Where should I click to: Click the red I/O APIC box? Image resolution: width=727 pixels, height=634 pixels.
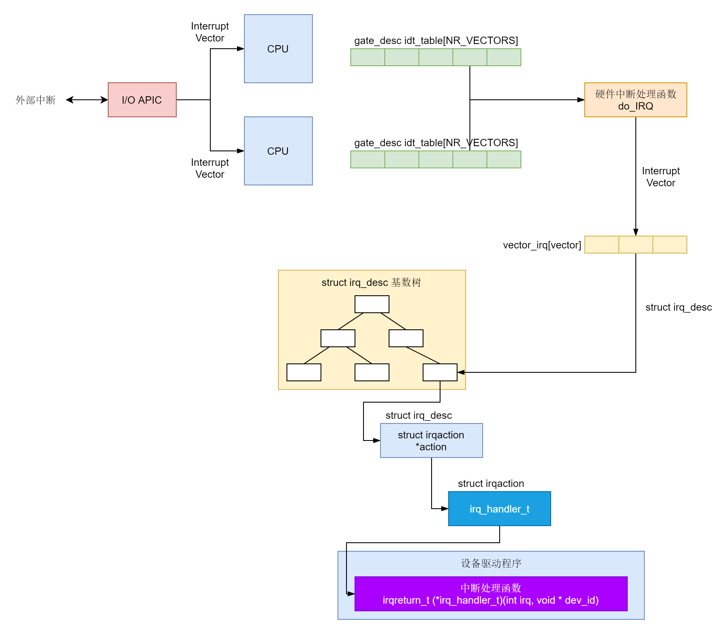click(142, 100)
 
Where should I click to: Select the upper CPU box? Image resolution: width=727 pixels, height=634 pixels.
click(278, 49)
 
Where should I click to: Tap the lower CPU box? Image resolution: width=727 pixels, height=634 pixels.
click(278, 151)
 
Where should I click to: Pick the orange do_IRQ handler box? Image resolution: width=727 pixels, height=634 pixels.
click(635, 100)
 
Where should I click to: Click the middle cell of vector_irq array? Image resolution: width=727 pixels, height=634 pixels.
click(635, 244)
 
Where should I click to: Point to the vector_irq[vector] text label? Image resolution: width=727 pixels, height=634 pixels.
click(542, 245)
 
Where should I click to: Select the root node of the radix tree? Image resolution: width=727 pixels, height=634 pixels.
click(372, 304)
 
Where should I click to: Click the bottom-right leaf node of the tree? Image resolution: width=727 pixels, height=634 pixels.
click(440, 372)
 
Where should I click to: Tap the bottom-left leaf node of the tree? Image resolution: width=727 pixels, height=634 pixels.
click(304, 372)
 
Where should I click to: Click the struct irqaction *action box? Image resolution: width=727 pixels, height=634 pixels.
click(431, 440)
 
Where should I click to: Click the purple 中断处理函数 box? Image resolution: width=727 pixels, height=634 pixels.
click(490, 594)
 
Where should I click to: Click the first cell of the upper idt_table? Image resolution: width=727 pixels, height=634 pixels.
click(368, 57)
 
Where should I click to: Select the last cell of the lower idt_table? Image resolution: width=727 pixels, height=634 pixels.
click(504, 159)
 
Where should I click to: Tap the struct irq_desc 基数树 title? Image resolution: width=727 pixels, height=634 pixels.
click(371, 282)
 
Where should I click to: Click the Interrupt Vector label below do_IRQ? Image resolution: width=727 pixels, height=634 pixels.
click(661, 177)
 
